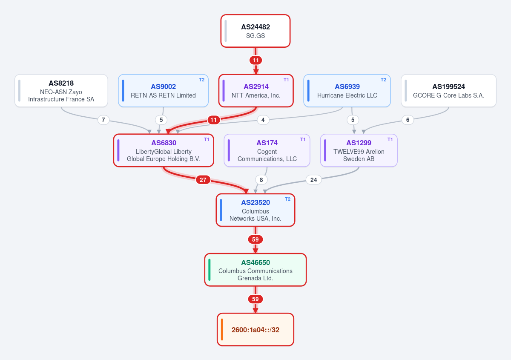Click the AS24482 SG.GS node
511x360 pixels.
pyautogui.click(x=255, y=31)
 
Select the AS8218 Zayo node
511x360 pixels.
pyautogui.click(x=61, y=91)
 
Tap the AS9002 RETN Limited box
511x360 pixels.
pyautogui.click(x=164, y=91)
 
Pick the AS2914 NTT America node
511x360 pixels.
pyautogui.click(x=256, y=91)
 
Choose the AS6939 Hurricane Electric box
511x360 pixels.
pyautogui.click(x=347, y=91)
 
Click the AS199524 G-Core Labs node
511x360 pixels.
pyautogui.click(x=448, y=91)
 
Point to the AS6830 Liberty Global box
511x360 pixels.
pyautogui.click(x=164, y=150)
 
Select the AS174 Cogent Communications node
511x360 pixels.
pyautogui.click(x=267, y=150)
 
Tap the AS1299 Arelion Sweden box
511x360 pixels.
pyautogui.click(x=359, y=150)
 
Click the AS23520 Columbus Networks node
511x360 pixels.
pyautogui.click(x=255, y=210)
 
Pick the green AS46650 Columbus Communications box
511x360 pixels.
pyautogui.click(x=255, y=270)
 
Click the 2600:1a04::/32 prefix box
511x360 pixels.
pyautogui.click(x=255, y=329)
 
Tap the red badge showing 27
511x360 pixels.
pyautogui.click(x=203, y=180)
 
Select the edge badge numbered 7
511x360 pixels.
pyautogui.click(x=103, y=120)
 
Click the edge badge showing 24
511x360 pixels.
pyautogui.click(x=314, y=180)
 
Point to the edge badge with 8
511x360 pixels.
pyautogui.click(x=261, y=180)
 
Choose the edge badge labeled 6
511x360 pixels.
pyautogui.click(x=408, y=120)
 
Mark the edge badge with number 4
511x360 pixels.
pyautogui.click(x=263, y=120)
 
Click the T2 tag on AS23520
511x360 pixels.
pyautogui.click(x=288, y=199)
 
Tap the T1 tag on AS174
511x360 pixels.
pyautogui.click(x=303, y=139)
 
